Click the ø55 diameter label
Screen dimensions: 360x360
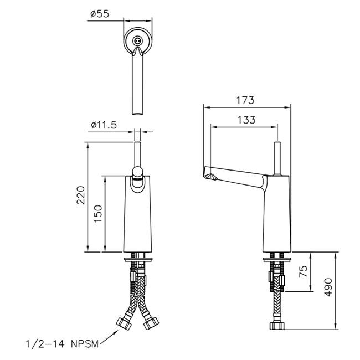pos(100,14)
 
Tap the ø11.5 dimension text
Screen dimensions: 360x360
pos(104,125)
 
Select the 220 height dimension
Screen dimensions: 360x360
pos(81,195)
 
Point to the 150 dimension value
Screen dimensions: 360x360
pos(98,214)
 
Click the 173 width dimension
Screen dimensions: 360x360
pos(245,100)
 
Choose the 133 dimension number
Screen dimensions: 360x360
pos(246,120)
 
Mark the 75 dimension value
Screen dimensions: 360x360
pos(304,271)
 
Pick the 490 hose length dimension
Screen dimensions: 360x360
pos(328,287)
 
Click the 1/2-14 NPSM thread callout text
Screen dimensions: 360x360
pos(62,344)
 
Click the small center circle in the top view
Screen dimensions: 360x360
pos(137,40)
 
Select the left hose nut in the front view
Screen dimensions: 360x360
pos(125,323)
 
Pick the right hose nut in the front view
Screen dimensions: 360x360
pos(151,323)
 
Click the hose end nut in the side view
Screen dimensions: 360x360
pos(277,326)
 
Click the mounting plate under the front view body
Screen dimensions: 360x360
pos(138,260)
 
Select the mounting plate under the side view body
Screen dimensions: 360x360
pos(277,260)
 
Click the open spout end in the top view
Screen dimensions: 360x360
pos(138,114)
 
